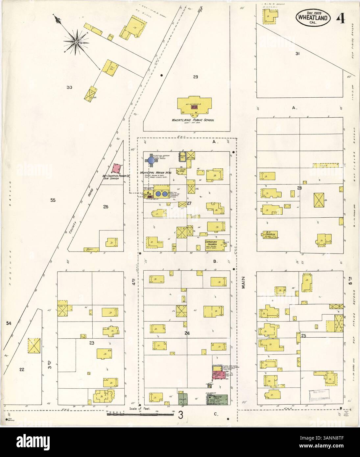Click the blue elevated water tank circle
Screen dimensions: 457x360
151,160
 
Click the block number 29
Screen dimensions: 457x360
195,77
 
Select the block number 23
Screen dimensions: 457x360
92,343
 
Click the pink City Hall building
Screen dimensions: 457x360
218,375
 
